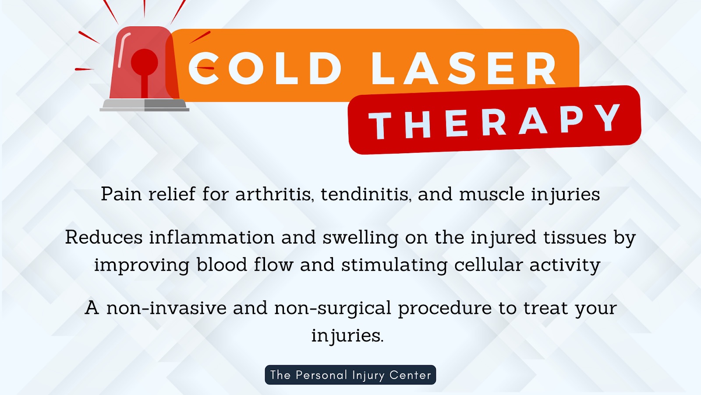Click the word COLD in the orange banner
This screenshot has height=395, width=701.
click(265, 69)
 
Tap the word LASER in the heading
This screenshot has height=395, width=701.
click(464, 69)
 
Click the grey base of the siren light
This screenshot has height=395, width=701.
click(145, 105)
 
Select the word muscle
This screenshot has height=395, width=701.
click(492, 194)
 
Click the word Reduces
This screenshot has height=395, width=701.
click(104, 237)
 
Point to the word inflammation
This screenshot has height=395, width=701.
click(212, 237)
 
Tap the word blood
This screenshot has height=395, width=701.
click(222, 265)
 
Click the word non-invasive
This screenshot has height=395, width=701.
click(166, 308)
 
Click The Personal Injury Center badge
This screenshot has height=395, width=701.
click(350, 375)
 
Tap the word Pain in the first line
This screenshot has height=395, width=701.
click(121, 194)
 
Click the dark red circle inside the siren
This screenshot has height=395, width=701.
click(144, 62)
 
